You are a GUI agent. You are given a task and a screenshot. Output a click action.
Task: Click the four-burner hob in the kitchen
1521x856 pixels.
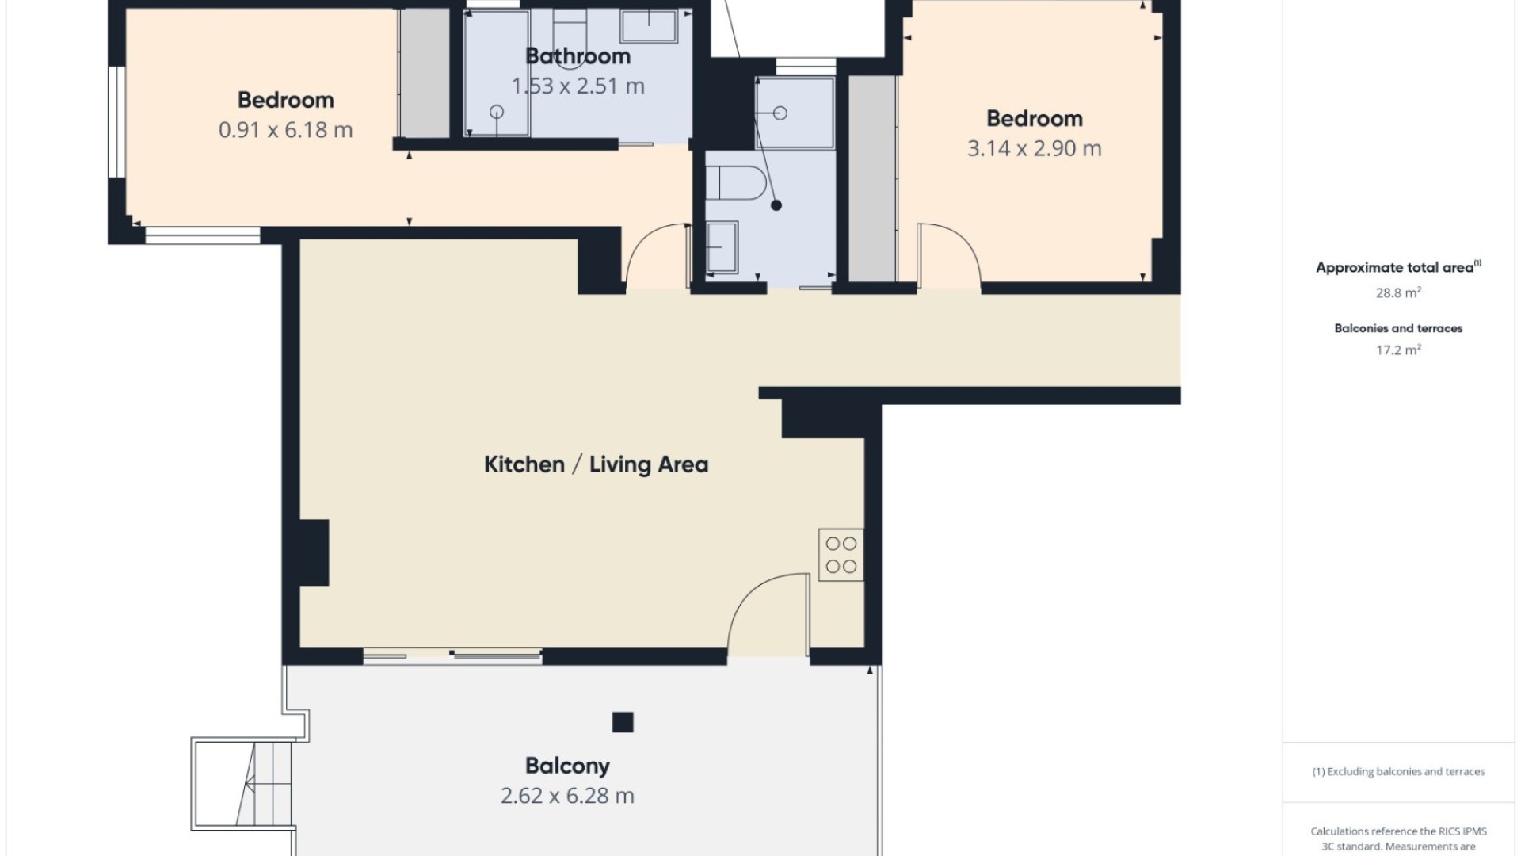(841, 555)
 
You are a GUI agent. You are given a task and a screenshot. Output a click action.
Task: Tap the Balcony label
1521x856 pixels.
(567, 766)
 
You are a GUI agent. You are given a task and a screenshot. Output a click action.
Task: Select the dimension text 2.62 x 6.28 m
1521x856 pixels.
(567, 796)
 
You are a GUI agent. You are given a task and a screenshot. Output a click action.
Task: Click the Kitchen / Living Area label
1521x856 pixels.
(596, 464)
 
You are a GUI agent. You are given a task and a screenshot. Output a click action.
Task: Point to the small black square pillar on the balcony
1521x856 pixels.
(623, 722)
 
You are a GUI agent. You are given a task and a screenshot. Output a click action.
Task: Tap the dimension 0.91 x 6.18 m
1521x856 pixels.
(285, 130)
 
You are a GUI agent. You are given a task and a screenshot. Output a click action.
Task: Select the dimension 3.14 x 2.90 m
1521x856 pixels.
(1034, 148)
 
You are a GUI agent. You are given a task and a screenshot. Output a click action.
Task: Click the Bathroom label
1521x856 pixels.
(578, 56)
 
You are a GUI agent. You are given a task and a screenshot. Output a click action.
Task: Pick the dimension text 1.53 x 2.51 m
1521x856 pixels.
(578, 86)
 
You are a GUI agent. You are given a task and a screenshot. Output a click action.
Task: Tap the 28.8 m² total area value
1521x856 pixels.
(1398, 292)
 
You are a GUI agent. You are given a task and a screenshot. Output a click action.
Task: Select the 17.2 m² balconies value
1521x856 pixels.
(1398, 350)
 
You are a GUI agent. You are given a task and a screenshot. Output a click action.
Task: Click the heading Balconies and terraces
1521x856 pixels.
(1398, 328)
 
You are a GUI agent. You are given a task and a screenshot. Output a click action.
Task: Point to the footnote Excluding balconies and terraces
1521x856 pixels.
(1398, 771)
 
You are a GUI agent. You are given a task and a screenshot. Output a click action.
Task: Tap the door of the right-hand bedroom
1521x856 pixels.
(950, 254)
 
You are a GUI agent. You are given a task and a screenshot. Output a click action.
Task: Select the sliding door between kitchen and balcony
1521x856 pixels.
(452, 655)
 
